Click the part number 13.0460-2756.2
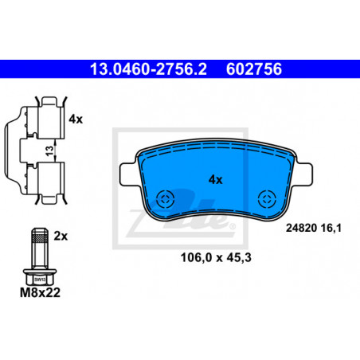[148, 69]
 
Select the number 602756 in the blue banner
[254, 69]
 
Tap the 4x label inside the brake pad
[215, 180]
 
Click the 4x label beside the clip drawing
[76, 119]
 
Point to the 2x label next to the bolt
[61, 236]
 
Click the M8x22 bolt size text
[40, 292]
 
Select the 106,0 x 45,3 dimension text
[216, 257]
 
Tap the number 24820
[302, 228]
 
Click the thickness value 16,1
[331, 228]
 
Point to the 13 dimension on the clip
[49, 151]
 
